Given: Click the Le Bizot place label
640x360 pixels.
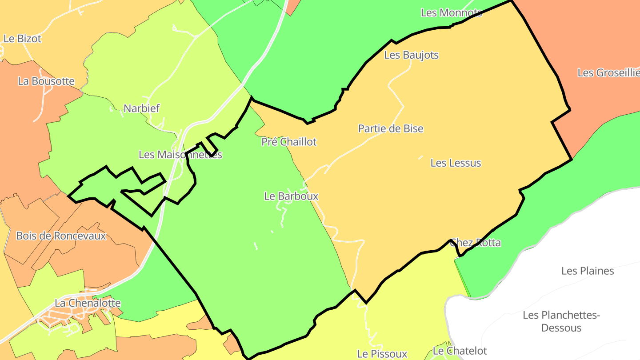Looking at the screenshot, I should pos(22,39).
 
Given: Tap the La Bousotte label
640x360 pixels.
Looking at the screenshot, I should pos(46,81).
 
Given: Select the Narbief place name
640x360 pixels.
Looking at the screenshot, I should pos(141,108).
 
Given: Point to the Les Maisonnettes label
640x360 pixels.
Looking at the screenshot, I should pos(180,155).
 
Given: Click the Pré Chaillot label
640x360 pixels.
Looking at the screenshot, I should pos(289,142).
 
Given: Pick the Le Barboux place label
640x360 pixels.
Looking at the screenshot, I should pos(291,196).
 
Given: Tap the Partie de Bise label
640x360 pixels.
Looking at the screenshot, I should pos(391,129).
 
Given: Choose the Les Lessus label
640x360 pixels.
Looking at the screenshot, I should pos(456,163).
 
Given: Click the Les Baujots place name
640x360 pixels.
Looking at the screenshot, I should pos(411,55).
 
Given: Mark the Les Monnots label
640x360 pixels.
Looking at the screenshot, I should pos(451,13).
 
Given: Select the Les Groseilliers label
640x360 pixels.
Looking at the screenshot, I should pos(608,73).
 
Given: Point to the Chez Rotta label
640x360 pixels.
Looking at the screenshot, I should pos(475,243).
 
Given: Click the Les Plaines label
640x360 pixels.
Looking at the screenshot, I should pos(587,271).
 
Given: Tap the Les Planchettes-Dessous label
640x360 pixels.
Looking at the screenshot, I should pos(561,321).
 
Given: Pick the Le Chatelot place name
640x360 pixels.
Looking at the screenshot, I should pos(460,351).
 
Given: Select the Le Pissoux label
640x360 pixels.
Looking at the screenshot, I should pos(382,354).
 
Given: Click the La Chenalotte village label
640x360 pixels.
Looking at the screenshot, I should pos(88,303).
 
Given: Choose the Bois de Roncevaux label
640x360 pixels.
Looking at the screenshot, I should pos(61,236).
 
